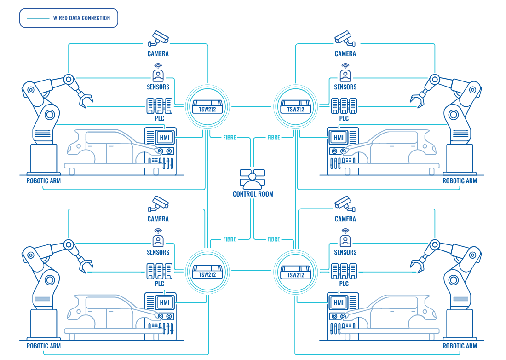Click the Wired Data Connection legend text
tap(81, 18)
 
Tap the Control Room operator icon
tap(253, 179)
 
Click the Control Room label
tap(253, 194)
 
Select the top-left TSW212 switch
tap(207, 107)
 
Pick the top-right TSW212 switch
tap(295, 107)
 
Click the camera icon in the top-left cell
tap(158, 39)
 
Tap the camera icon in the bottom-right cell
tap(345, 204)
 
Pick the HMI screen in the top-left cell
tap(164, 138)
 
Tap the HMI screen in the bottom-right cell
tap(339, 303)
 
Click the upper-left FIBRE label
tap(230, 138)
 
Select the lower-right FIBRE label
tap(273, 239)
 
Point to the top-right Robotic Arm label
tap(460, 181)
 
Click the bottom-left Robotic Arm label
tap(44, 346)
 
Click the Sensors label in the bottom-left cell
tap(158, 252)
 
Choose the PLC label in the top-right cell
tap(344, 118)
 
